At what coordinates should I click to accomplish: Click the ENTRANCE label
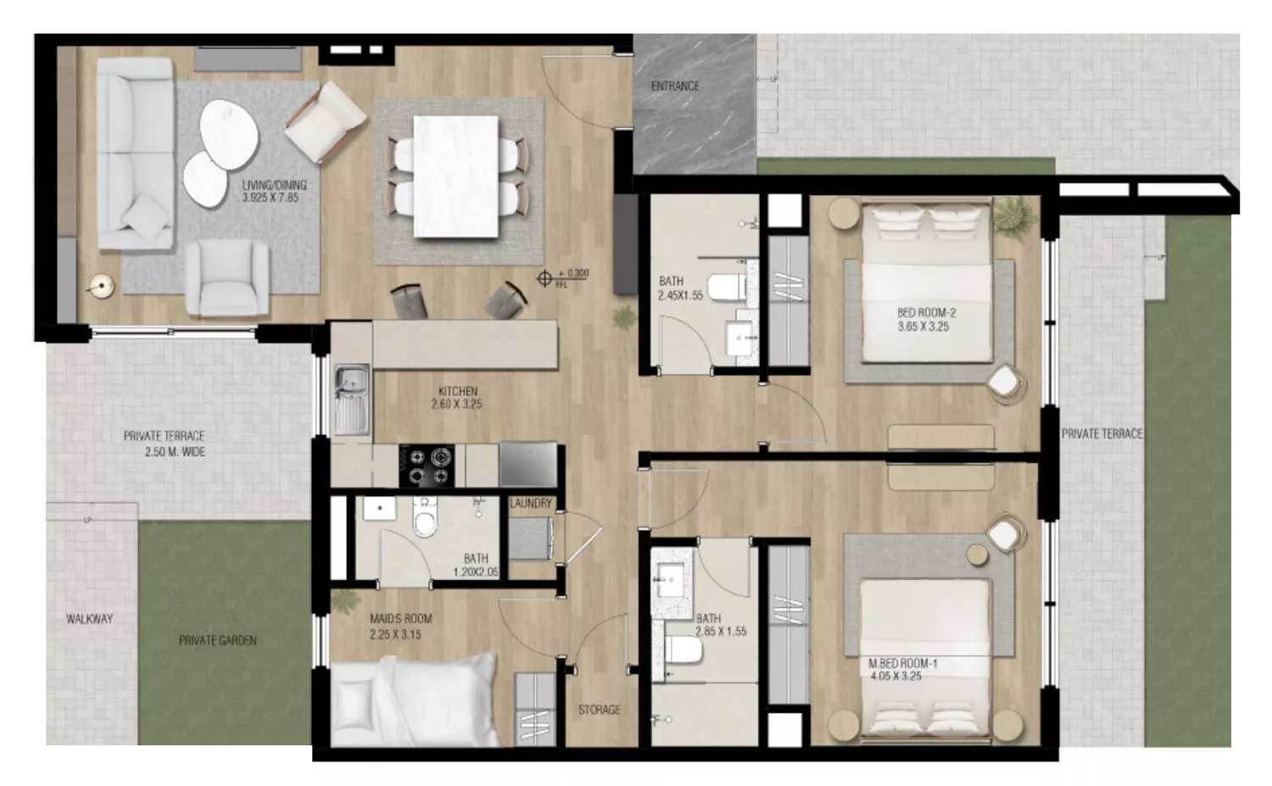click(675, 86)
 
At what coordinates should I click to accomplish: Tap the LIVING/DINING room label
click(274, 191)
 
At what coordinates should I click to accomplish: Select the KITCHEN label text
click(457, 398)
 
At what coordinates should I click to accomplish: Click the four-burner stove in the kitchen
click(427, 466)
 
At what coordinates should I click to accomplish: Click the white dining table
click(455, 176)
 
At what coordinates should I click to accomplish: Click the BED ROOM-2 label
click(926, 319)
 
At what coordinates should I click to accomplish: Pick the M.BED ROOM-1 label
click(902, 670)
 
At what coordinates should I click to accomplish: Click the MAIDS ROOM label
click(400, 627)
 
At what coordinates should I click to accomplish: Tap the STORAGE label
click(599, 710)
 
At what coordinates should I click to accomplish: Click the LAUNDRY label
click(531, 504)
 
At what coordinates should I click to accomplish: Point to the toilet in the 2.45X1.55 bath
click(726, 287)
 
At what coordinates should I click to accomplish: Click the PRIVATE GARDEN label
click(217, 640)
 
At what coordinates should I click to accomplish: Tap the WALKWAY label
click(89, 619)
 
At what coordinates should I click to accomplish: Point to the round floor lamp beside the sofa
click(102, 288)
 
